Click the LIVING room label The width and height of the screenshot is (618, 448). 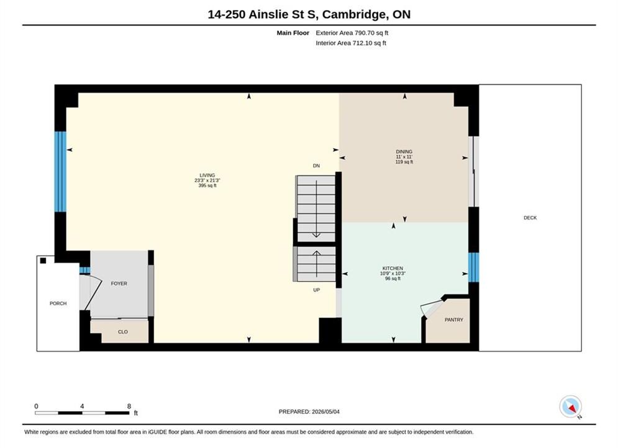(x=207, y=175)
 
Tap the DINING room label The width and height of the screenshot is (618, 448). (x=404, y=152)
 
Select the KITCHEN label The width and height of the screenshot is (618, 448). (x=393, y=268)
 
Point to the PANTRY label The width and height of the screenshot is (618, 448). (x=453, y=320)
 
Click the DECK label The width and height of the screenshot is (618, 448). (x=530, y=218)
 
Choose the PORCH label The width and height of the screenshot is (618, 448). (x=58, y=304)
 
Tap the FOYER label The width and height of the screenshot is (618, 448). (x=119, y=283)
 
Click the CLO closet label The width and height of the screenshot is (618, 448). (x=122, y=332)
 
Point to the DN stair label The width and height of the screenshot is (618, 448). (x=316, y=166)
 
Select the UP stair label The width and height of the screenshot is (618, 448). (x=317, y=290)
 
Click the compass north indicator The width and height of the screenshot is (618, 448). (x=570, y=406)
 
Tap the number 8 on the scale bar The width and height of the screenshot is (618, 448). (x=129, y=406)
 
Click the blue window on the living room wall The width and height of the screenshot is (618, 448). (x=60, y=172)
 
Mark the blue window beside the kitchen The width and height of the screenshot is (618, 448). (x=473, y=267)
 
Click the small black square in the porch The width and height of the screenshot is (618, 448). (x=43, y=261)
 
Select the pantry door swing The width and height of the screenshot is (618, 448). (x=433, y=307)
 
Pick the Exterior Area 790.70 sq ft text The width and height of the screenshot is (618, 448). (x=352, y=33)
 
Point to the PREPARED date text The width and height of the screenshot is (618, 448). (x=309, y=412)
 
